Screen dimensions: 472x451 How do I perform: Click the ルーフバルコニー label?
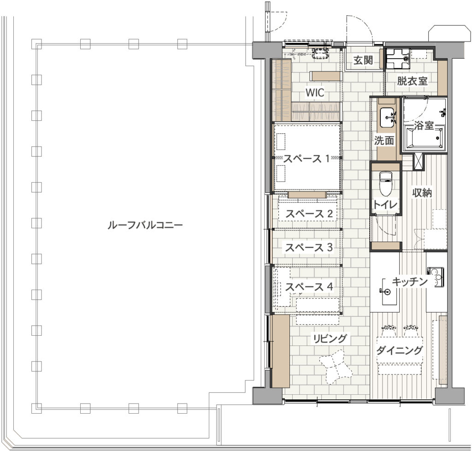[x=145, y=225]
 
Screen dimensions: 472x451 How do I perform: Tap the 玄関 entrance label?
[x=363, y=60]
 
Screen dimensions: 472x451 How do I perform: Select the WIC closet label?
[x=315, y=92]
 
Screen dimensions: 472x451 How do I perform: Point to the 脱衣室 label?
[x=412, y=81]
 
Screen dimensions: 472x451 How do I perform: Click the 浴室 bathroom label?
[x=424, y=125]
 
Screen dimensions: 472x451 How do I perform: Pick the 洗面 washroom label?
[x=384, y=140]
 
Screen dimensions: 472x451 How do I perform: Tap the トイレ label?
[x=385, y=205]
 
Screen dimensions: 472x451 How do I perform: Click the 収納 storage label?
[x=422, y=193]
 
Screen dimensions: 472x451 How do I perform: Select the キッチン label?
[x=410, y=281]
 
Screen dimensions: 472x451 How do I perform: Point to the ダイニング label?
[x=400, y=350]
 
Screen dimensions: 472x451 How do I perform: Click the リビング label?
[x=330, y=338]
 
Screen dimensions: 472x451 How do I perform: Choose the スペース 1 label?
[x=307, y=159]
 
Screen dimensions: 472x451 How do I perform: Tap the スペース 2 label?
[x=309, y=214]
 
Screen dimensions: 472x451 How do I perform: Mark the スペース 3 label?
[x=309, y=248]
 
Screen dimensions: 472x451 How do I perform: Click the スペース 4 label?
[x=309, y=287]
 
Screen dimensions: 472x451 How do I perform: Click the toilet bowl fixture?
[x=385, y=183]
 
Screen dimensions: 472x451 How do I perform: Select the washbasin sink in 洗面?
[x=387, y=118]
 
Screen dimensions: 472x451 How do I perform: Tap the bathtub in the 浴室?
[x=425, y=138]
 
